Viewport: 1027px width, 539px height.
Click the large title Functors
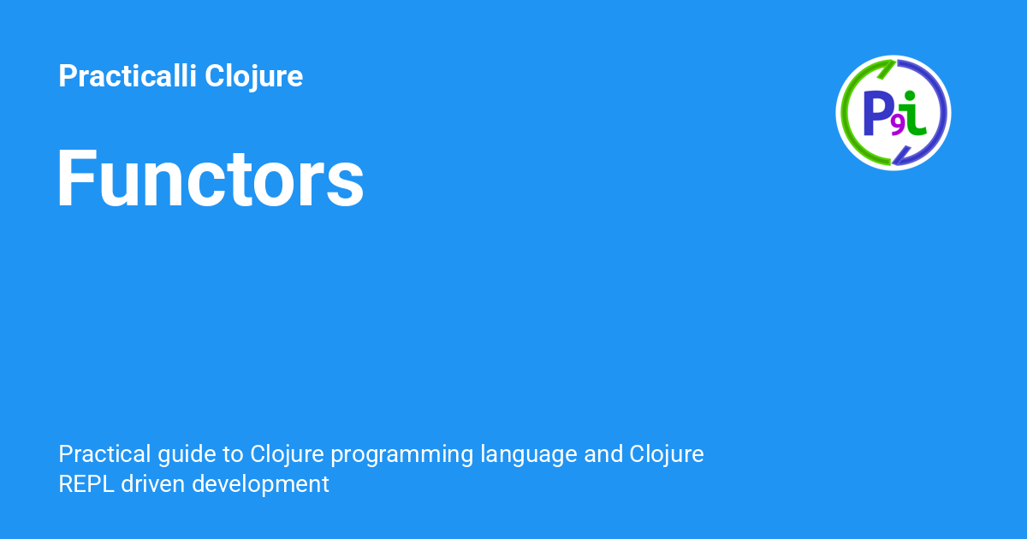[x=211, y=180]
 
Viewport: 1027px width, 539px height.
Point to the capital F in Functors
[x=75, y=180]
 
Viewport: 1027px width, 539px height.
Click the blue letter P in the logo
[x=877, y=113]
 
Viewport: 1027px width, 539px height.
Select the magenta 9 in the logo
[x=898, y=126]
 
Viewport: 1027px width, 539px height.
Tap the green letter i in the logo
[x=914, y=116]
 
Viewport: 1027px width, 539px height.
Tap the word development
[x=260, y=484]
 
